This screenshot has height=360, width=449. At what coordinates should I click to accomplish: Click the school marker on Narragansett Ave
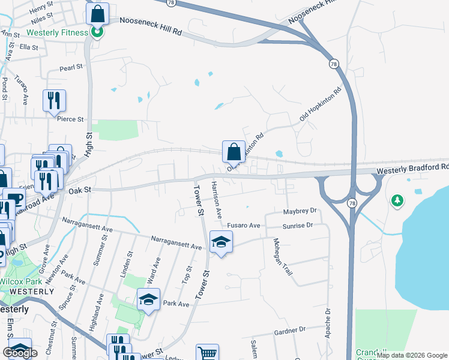click(221, 242)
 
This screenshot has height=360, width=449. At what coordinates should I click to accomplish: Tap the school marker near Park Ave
click(148, 299)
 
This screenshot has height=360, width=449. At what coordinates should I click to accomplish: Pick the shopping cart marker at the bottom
click(207, 353)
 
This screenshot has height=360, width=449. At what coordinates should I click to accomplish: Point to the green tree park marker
click(396, 200)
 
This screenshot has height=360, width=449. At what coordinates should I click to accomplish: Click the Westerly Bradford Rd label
click(412, 170)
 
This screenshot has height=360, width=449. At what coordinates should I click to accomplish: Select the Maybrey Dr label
click(299, 211)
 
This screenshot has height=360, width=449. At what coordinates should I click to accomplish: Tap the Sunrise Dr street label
click(298, 225)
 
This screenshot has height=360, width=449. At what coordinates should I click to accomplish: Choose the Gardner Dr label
click(289, 330)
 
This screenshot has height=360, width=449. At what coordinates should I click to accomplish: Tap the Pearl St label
click(70, 68)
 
